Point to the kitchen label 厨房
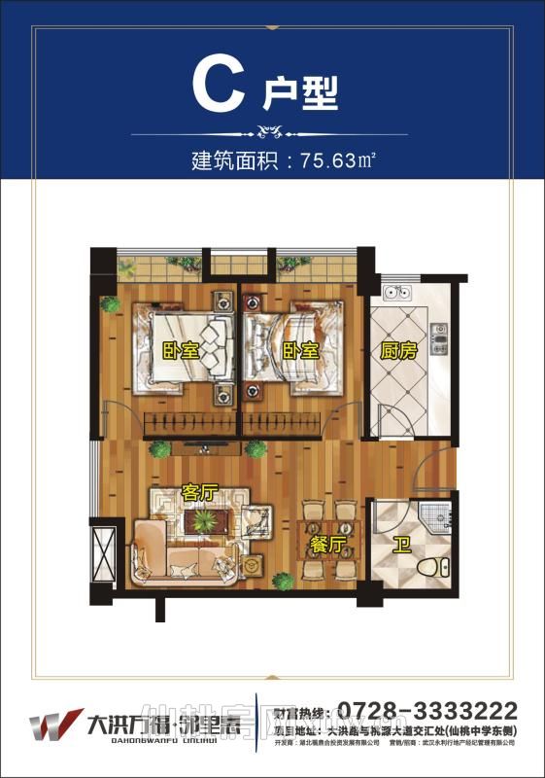tap(398, 351)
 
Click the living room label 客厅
tap(198, 492)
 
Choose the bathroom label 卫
tap(399, 545)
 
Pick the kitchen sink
tap(396, 291)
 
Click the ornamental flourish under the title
tap(271, 129)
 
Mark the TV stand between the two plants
tap(207, 449)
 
